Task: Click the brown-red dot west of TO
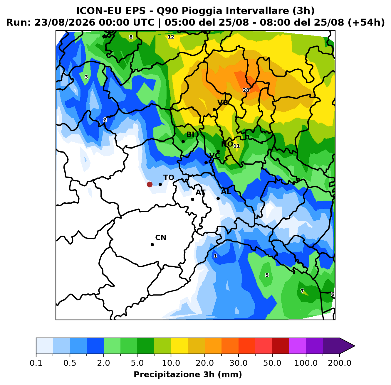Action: (x=150, y=184)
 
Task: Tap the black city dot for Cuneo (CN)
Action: (x=152, y=244)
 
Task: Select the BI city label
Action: (x=190, y=134)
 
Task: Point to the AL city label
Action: (x=226, y=191)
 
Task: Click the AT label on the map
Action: (x=200, y=192)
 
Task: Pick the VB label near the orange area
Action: (x=223, y=103)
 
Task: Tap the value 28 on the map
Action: (x=246, y=90)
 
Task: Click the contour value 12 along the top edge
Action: (x=171, y=37)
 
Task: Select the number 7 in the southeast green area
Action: (x=302, y=291)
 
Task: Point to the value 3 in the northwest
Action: (x=86, y=77)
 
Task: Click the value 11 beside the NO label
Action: (x=236, y=146)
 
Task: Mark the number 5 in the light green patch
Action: (x=267, y=275)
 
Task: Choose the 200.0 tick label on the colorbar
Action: (x=340, y=363)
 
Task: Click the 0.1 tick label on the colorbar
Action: (x=36, y=363)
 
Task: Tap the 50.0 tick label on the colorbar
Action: (x=272, y=363)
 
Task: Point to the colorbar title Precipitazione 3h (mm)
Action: (x=188, y=374)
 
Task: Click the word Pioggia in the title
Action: (x=204, y=11)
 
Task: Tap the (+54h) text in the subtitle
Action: (x=366, y=23)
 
